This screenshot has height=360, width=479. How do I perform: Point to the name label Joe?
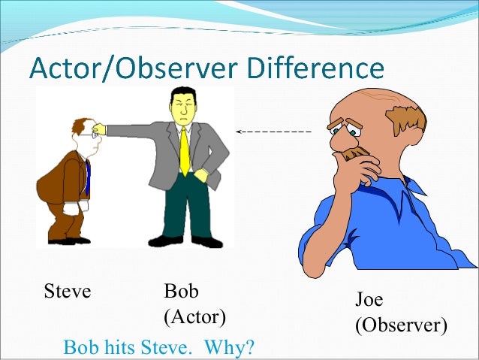[x=369, y=300]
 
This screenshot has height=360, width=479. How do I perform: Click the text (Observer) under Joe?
[x=401, y=325]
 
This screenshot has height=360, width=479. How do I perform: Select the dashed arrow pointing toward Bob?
[x=273, y=132]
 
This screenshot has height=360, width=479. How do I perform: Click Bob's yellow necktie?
[x=184, y=151]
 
